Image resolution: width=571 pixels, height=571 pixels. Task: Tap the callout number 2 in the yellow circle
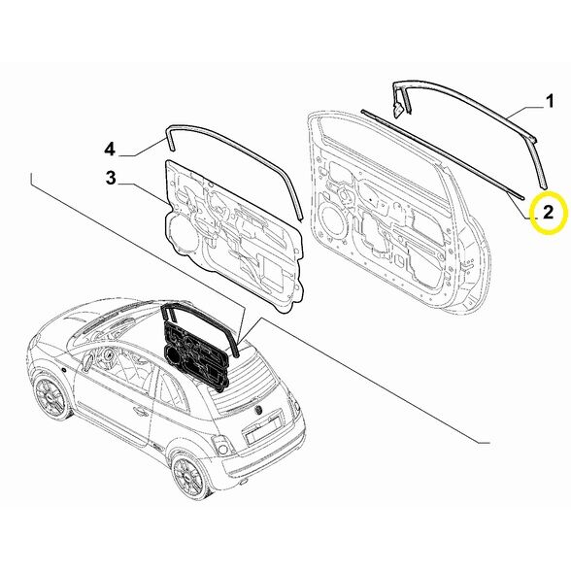point(547,211)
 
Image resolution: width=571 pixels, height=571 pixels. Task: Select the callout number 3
point(111,177)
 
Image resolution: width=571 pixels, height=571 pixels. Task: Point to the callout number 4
point(111,149)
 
